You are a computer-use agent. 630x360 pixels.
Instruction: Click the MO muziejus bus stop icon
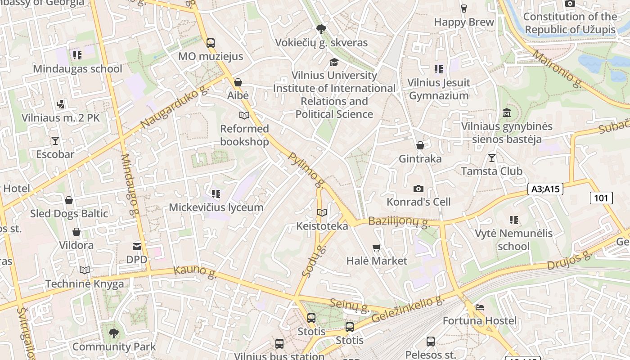pos(210,43)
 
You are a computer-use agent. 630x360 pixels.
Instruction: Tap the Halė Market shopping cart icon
pos(376,247)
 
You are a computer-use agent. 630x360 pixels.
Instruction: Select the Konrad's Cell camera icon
pos(418,189)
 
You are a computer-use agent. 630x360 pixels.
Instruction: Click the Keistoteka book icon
pos(322,212)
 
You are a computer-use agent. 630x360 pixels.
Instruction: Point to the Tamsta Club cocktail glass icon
pos(491,157)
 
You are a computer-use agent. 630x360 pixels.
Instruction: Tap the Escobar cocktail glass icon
pos(55,141)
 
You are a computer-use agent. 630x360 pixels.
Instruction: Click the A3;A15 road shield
pos(545,189)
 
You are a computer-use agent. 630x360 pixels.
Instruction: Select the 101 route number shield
pos(601,198)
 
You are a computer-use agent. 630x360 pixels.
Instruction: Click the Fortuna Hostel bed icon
pos(480,307)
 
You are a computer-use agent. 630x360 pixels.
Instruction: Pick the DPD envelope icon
pos(136,246)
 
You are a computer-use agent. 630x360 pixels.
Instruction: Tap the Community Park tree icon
pos(114,333)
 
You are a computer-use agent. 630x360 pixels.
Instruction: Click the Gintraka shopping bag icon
pos(420,145)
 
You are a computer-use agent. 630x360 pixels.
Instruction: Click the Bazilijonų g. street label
pos(398,221)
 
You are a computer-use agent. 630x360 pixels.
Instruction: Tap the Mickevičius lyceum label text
pos(216,207)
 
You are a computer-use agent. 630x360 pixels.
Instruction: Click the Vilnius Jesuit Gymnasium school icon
pos(438,69)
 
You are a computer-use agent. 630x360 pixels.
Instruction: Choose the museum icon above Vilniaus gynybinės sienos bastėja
pos(507,112)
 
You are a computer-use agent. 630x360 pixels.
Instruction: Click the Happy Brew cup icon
pos(463,8)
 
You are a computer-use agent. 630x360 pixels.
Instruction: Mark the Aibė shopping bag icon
pos(238,82)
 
